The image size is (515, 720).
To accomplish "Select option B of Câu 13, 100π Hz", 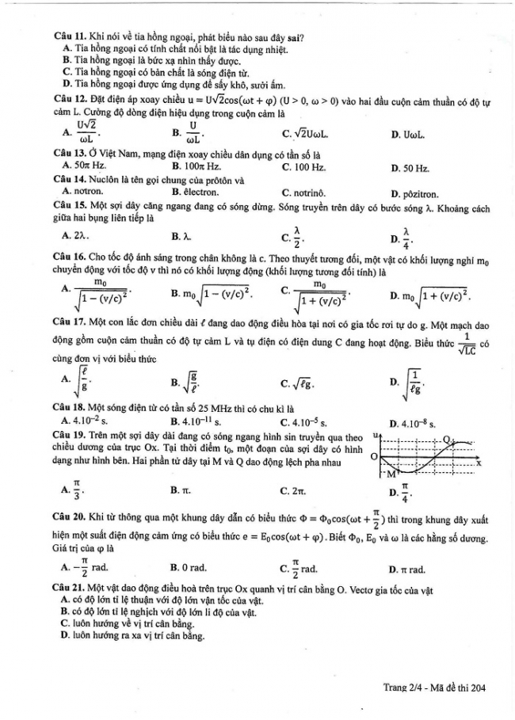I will click(196, 167).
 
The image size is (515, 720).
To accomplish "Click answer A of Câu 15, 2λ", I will click(81, 235).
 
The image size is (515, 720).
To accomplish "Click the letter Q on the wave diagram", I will click(447, 439).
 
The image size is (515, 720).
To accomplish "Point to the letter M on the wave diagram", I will click(390, 474).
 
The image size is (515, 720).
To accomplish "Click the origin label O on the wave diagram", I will click(373, 456).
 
